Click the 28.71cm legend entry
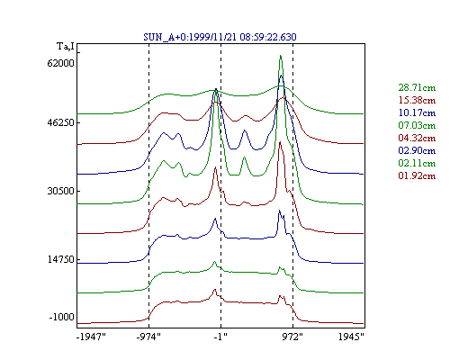417,87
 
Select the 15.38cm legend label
417,100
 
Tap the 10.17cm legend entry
417,112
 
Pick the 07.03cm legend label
417,125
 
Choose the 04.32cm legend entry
417,138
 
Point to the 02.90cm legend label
417,150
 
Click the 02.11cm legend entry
417,163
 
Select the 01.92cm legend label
417,175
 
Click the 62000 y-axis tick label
60,63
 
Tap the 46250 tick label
60,123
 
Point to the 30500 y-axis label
60,191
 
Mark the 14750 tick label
60,259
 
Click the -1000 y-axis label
61,317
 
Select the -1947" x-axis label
91,337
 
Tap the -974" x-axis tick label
148,337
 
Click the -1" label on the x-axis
220,337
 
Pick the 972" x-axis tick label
292,337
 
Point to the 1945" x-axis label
351,337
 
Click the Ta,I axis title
66,47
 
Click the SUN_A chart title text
220,37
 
